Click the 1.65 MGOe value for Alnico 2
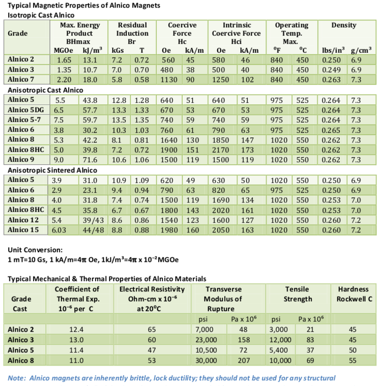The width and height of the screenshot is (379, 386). tap(64, 60)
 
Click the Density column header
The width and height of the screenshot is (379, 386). tap(343, 25)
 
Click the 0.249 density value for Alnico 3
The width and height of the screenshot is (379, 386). tap(331, 70)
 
